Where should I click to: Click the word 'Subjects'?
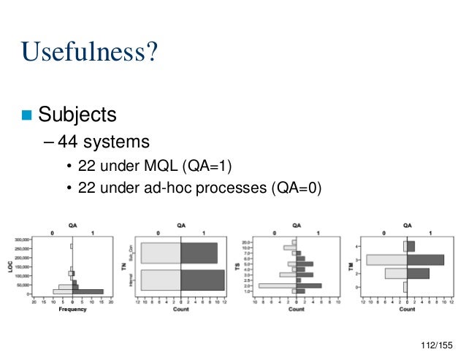point(77,115)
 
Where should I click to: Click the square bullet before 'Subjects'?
point(27,115)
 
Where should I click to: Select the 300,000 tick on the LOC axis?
point(20,239)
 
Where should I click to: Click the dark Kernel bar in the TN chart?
point(202,280)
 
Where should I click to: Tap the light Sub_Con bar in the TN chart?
point(161,252)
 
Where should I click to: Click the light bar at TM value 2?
point(395,273)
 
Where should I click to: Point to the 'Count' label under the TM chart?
point(407,309)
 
